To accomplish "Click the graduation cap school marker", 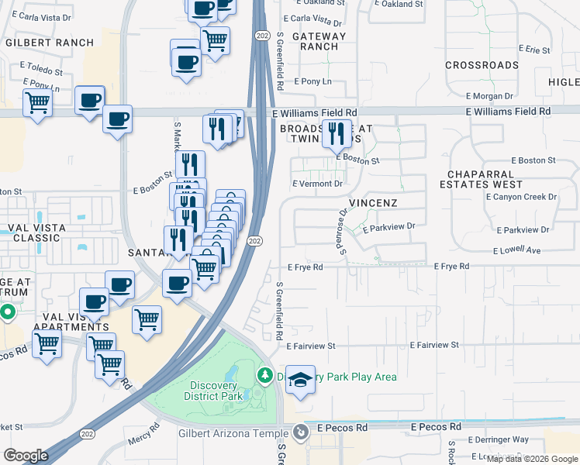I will point(300,380).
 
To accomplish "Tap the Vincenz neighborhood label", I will point(373,203).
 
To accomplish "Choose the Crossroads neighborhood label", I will point(482,65).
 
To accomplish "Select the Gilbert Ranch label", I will point(49,43).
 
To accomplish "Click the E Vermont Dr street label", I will point(317,184).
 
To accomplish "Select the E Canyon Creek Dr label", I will point(521,197).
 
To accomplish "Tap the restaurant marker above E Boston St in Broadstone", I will point(337,134).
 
